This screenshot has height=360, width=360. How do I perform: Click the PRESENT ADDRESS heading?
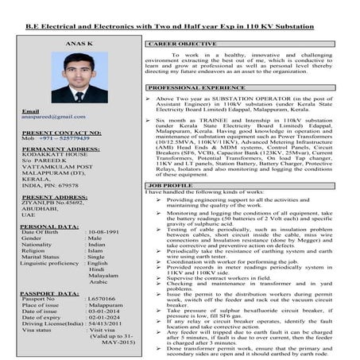54,196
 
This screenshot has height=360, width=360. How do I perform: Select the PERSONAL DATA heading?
50,226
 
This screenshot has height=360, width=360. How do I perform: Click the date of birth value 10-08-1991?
110,232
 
